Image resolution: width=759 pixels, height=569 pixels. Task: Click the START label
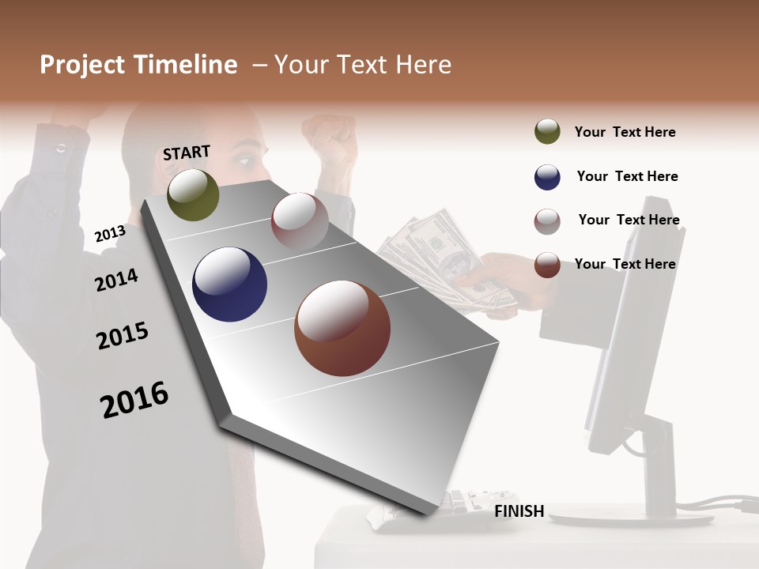187,153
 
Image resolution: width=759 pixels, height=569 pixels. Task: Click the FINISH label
519,511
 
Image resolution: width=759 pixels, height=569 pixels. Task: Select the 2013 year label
110,233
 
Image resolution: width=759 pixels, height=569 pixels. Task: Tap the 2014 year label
116,280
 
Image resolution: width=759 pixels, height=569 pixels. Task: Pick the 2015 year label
122,336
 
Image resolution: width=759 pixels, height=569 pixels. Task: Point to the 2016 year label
134,399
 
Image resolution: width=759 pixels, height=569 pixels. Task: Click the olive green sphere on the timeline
193,194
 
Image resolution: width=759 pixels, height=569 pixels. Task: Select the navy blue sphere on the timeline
229,284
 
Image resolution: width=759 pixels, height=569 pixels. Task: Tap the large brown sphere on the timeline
342,328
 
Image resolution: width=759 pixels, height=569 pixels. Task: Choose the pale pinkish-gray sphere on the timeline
300,220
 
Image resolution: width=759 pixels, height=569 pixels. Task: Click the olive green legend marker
547,132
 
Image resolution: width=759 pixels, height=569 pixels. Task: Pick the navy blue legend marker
547,177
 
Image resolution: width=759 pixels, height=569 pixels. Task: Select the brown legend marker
547,265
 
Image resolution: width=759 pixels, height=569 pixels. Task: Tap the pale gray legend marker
547,221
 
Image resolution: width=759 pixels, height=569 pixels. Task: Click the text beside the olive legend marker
625,132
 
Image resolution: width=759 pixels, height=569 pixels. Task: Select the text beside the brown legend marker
625,264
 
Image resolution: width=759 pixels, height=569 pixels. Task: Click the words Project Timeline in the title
138,65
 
